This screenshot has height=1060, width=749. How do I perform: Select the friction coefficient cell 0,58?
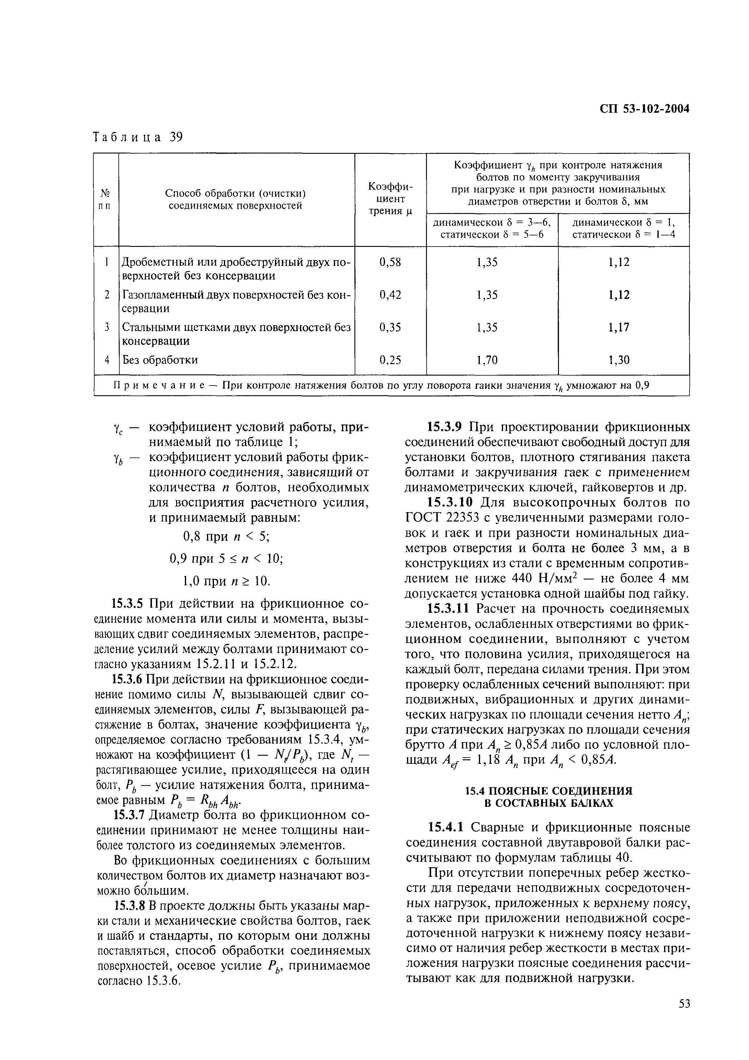pyautogui.click(x=390, y=262)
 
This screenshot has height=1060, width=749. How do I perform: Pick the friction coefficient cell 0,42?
pyautogui.click(x=390, y=295)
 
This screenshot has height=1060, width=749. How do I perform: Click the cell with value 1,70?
pyautogui.click(x=487, y=360)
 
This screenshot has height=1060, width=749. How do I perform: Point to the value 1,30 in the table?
pyautogui.click(x=618, y=360)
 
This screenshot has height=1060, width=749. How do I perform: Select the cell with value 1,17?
pyautogui.click(x=618, y=327)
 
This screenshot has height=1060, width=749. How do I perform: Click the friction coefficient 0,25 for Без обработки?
pyautogui.click(x=390, y=360)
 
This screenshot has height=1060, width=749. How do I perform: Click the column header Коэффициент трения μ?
pyautogui.click(x=390, y=199)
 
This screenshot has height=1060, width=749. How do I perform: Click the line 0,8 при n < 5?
pyautogui.click(x=226, y=536)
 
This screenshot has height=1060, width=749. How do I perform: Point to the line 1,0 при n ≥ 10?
pyautogui.click(x=226, y=580)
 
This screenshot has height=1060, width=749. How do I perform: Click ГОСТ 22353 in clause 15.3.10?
pyautogui.click(x=437, y=518)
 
